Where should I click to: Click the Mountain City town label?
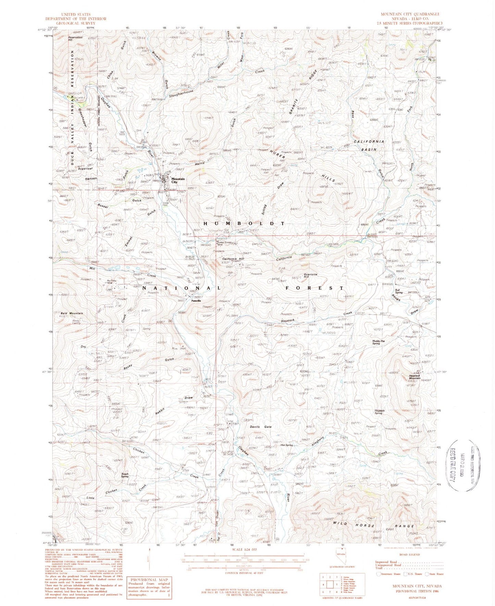[178, 180]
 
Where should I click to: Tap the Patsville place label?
[196, 300]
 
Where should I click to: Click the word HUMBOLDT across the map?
[244, 223]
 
